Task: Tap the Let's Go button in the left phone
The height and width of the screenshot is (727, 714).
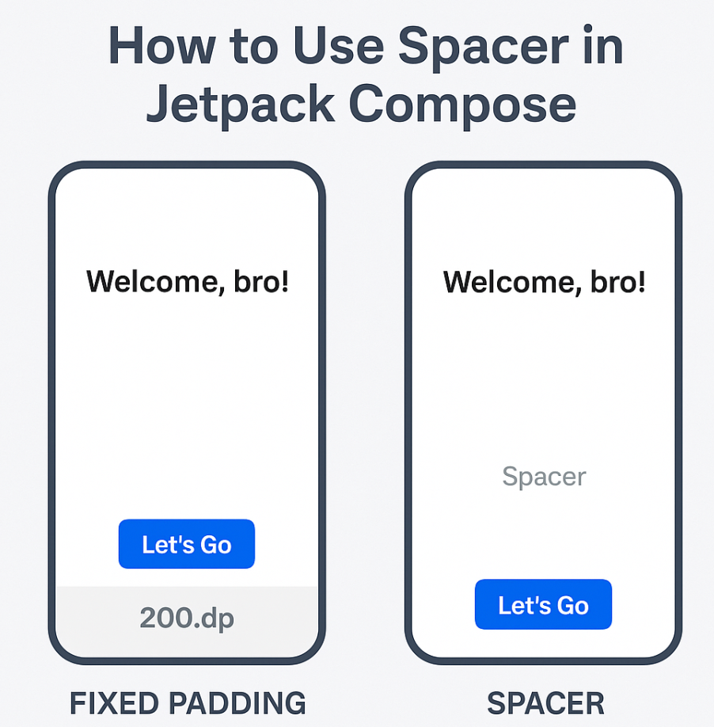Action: coord(187,544)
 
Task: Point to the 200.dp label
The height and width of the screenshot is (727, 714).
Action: coord(187,618)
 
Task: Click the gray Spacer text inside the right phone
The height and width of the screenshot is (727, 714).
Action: coord(544,477)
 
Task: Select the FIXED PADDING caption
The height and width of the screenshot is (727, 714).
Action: coord(188,702)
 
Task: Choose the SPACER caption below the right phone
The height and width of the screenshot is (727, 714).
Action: coord(545,702)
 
